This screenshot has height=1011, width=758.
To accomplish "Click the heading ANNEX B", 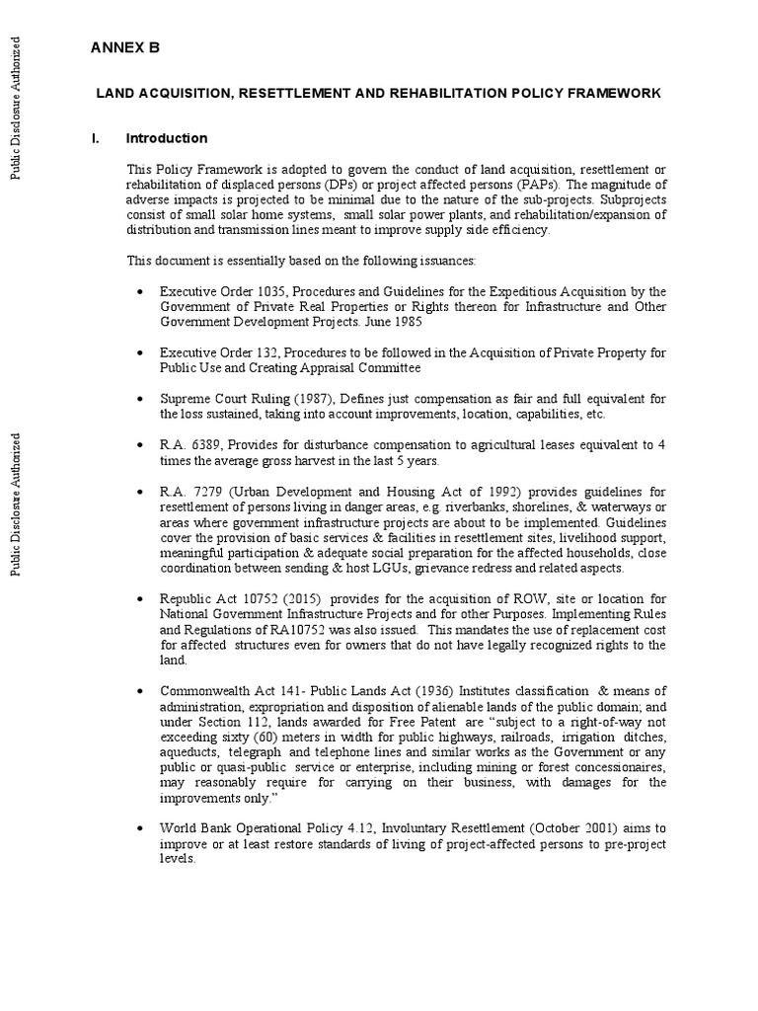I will (124, 47).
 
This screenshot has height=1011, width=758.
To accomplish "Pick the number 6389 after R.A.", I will (206, 445).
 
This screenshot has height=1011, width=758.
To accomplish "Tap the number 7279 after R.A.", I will (206, 492).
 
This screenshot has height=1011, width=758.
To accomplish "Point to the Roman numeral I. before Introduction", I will (95, 138).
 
